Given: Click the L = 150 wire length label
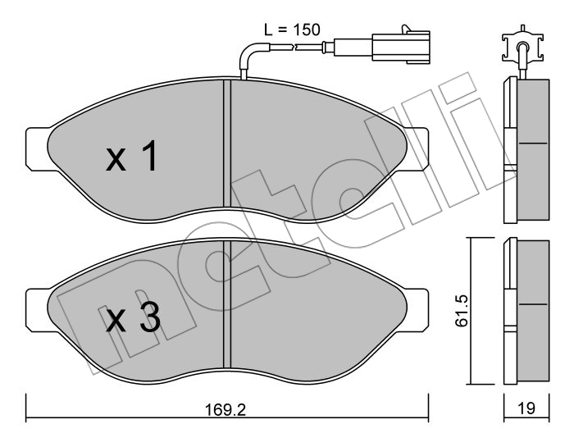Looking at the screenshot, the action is tap(292, 30).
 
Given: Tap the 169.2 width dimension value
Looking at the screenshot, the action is tap(225, 409).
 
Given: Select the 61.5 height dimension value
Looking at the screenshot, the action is tap(462, 311).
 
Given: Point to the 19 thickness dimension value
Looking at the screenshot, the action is tap(526, 408).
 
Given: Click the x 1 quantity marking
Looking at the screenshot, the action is tap(132, 156).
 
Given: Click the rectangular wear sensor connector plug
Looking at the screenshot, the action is tap(401, 46).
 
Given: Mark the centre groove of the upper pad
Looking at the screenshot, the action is tap(227, 144).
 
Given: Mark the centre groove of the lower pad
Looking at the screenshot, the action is tap(227, 304).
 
